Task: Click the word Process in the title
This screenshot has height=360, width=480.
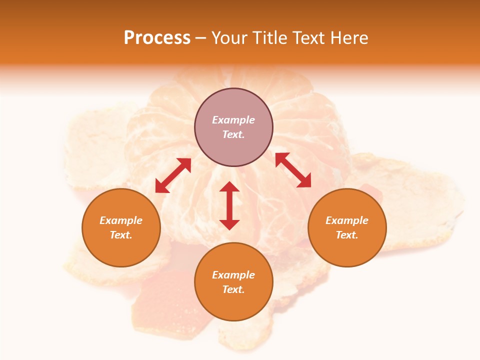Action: click(157, 38)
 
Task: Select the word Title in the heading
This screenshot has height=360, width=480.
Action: click(273, 38)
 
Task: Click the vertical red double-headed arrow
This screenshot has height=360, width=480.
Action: click(229, 205)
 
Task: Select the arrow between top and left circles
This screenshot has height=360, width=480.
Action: click(173, 175)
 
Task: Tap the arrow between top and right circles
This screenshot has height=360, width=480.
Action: click(293, 170)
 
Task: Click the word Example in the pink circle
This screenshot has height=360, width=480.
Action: click(233, 120)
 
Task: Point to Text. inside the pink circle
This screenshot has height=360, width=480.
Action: click(233, 134)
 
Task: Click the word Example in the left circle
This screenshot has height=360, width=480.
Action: click(121, 220)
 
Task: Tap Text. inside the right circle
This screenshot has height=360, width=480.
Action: click(347, 235)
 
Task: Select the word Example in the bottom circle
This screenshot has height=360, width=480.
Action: click(233, 275)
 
